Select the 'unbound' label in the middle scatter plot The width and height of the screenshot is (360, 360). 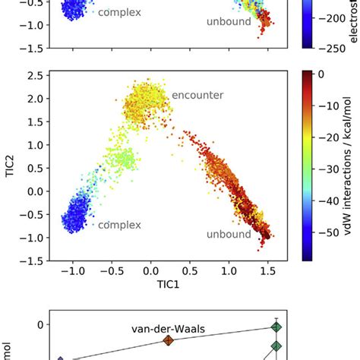click(229, 234)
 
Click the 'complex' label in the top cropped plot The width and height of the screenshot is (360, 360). click(120, 12)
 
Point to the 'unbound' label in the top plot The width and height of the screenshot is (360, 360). click(229, 21)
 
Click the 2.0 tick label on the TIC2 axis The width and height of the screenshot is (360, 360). click(33, 98)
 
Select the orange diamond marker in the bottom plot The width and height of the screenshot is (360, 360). click(169, 340)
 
